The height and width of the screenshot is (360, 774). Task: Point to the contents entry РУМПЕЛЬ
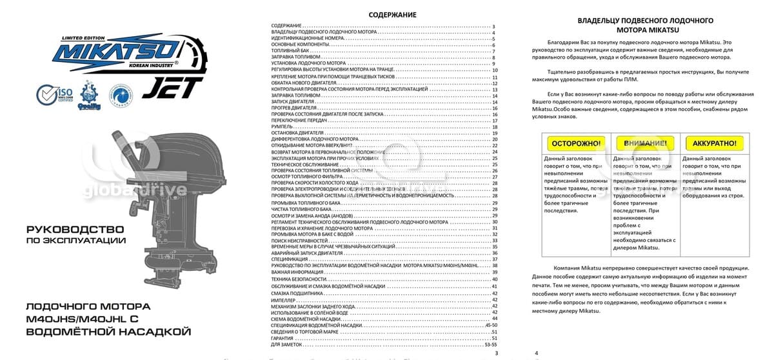(283, 127)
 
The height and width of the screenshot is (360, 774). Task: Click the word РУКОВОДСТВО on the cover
(74, 229)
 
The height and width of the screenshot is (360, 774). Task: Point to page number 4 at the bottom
(536, 353)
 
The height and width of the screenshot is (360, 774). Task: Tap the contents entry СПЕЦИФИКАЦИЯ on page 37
(290, 258)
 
